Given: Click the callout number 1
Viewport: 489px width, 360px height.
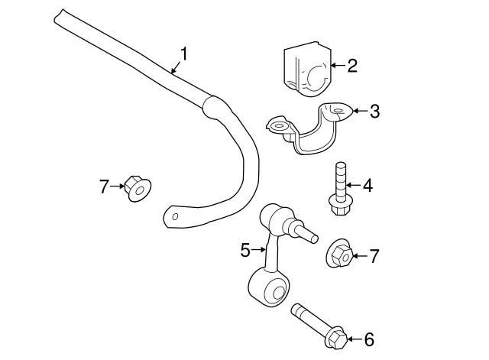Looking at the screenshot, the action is pyautogui.click(x=184, y=54).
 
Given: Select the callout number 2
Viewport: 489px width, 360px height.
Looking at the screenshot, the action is pyautogui.click(x=352, y=66).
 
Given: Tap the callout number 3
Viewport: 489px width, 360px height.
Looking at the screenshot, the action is pyautogui.click(x=374, y=111).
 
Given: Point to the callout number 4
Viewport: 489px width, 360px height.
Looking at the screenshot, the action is pyautogui.click(x=368, y=186).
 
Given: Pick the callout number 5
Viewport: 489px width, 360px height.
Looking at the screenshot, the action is pyautogui.click(x=245, y=250).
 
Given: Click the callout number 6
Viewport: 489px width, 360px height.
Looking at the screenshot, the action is pyautogui.click(x=369, y=339).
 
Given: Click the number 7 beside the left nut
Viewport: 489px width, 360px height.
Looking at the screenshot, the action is pyautogui.click(x=104, y=186).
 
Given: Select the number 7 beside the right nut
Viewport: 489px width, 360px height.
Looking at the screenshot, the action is pyautogui.click(x=374, y=256).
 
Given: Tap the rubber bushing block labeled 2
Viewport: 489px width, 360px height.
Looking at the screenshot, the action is pyautogui.click(x=307, y=69).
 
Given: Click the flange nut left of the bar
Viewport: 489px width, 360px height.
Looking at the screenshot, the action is pyautogui.click(x=138, y=189).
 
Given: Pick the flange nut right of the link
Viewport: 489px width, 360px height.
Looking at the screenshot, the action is pyautogui.click(x=339, y=253).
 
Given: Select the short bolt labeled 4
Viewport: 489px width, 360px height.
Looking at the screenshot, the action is pyautogui.click(x=340, y=189).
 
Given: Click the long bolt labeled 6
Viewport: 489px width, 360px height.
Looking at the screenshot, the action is pyautogui.click(x=319, y=326).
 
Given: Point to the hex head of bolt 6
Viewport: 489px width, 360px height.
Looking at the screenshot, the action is pyautogui.click(x=338, y=340).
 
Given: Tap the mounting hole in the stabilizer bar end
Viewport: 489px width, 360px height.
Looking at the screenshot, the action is pyautogui.click(x=175, y=216).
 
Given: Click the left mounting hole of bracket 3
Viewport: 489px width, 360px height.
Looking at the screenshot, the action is pyautogui.click(x=278, y=126).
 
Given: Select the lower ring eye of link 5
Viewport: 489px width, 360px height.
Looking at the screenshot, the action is pyautogui.click(x=269, y=287).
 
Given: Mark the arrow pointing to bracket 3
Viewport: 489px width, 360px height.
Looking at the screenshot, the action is pyautogui.click(x=360, y=111).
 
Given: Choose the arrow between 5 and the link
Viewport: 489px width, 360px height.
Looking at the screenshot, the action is pyautogui.click(x=259, y=250).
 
